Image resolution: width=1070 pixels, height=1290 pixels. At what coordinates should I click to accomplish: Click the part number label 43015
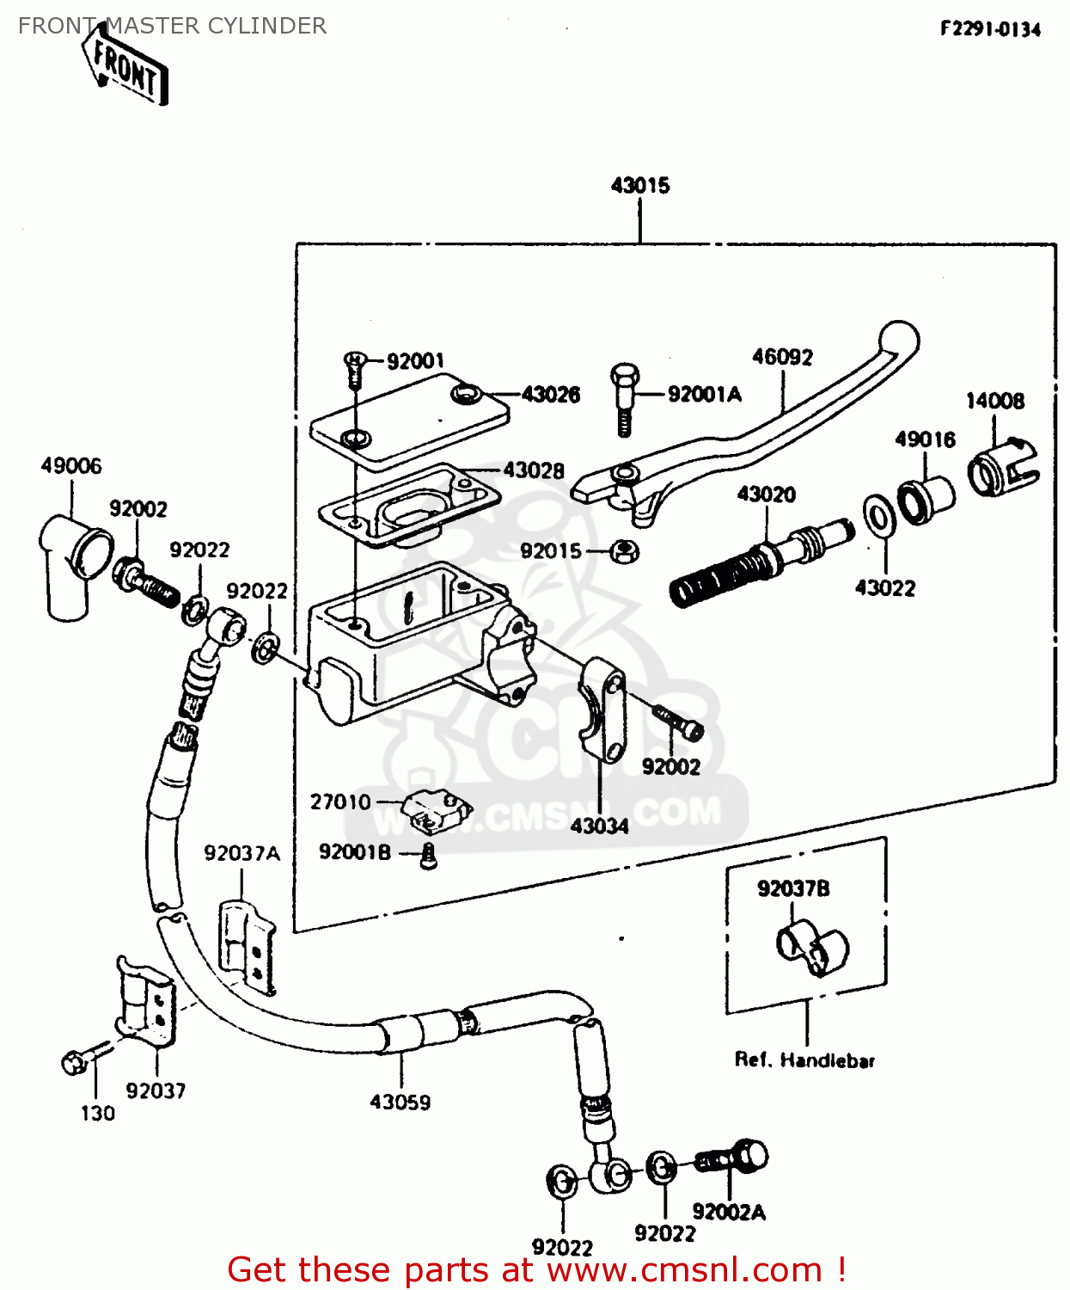tap(640, 185)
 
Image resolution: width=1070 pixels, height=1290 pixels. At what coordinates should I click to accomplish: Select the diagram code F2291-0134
tap(990, 29)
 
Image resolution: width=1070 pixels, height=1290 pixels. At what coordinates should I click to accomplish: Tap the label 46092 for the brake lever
tap(782, 357)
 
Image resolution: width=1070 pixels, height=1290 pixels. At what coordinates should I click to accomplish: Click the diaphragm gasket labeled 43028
tap(410, 507)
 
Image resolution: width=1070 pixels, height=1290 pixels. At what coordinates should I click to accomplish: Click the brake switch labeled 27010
tap(437, 810)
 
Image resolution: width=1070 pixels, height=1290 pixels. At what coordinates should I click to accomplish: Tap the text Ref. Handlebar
tap(804, 1060)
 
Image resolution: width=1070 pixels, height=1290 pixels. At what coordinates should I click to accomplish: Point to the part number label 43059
tap(400, 1102)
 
